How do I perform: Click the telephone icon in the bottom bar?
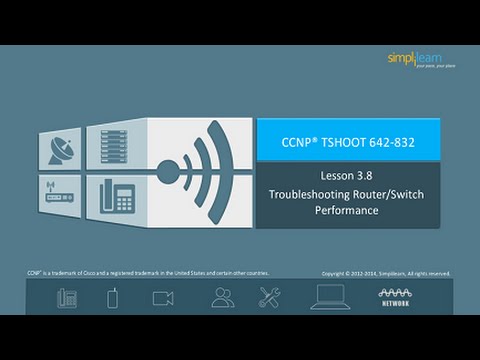coord(67,297)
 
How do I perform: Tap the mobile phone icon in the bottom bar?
coord(114,297)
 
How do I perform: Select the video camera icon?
coord(162,297)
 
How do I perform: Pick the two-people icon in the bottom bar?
coord(222,297)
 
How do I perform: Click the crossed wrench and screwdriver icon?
coord(270,297)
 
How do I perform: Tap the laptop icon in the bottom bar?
coord(330,297)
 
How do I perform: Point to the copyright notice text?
coord(385,273)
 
